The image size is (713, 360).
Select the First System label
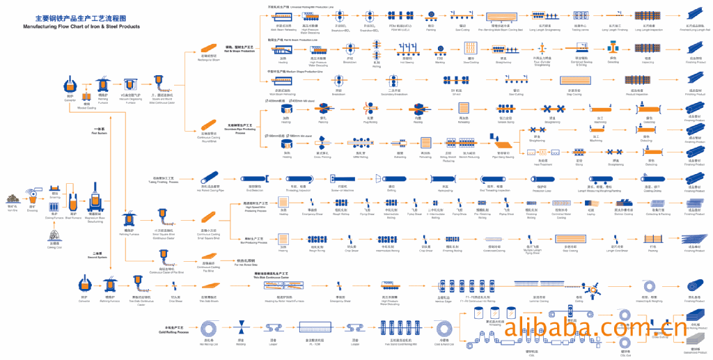[x=99, y=130]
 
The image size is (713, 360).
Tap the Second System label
[x=98, y=254]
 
